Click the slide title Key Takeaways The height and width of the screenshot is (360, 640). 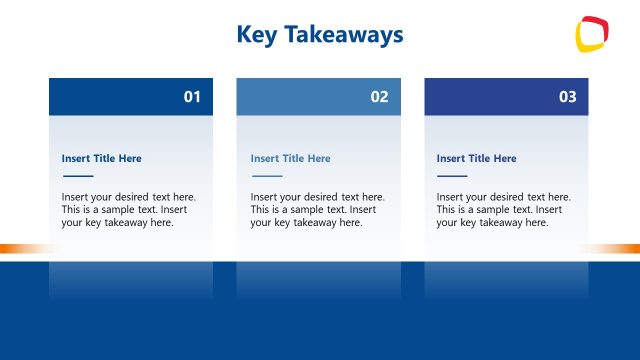click(320, 35)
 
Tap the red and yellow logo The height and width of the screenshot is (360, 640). click(592, 34)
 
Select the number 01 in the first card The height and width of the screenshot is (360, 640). click(192, 97)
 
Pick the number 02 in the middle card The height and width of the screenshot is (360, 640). click(379, 97)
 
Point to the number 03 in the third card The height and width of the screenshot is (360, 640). click(567, 97)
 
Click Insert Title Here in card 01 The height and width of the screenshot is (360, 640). click(102, 158)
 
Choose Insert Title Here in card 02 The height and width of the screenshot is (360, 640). click(290, 158)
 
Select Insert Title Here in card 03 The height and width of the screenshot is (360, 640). click(477, 158)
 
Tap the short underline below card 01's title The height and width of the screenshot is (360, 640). click(77, 176)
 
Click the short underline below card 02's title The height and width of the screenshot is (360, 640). click(266, 176)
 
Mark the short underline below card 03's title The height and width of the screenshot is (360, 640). click(452, 176)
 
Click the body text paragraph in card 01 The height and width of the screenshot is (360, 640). click(129, 210)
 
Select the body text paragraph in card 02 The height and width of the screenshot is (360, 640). click(317, 210)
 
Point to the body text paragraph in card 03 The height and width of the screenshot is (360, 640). click(504, 210)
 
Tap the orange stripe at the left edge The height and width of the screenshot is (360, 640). click(20, 248)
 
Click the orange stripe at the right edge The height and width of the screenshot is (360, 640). click(615, 248)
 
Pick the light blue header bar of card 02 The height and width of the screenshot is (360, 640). click(300, 97)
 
